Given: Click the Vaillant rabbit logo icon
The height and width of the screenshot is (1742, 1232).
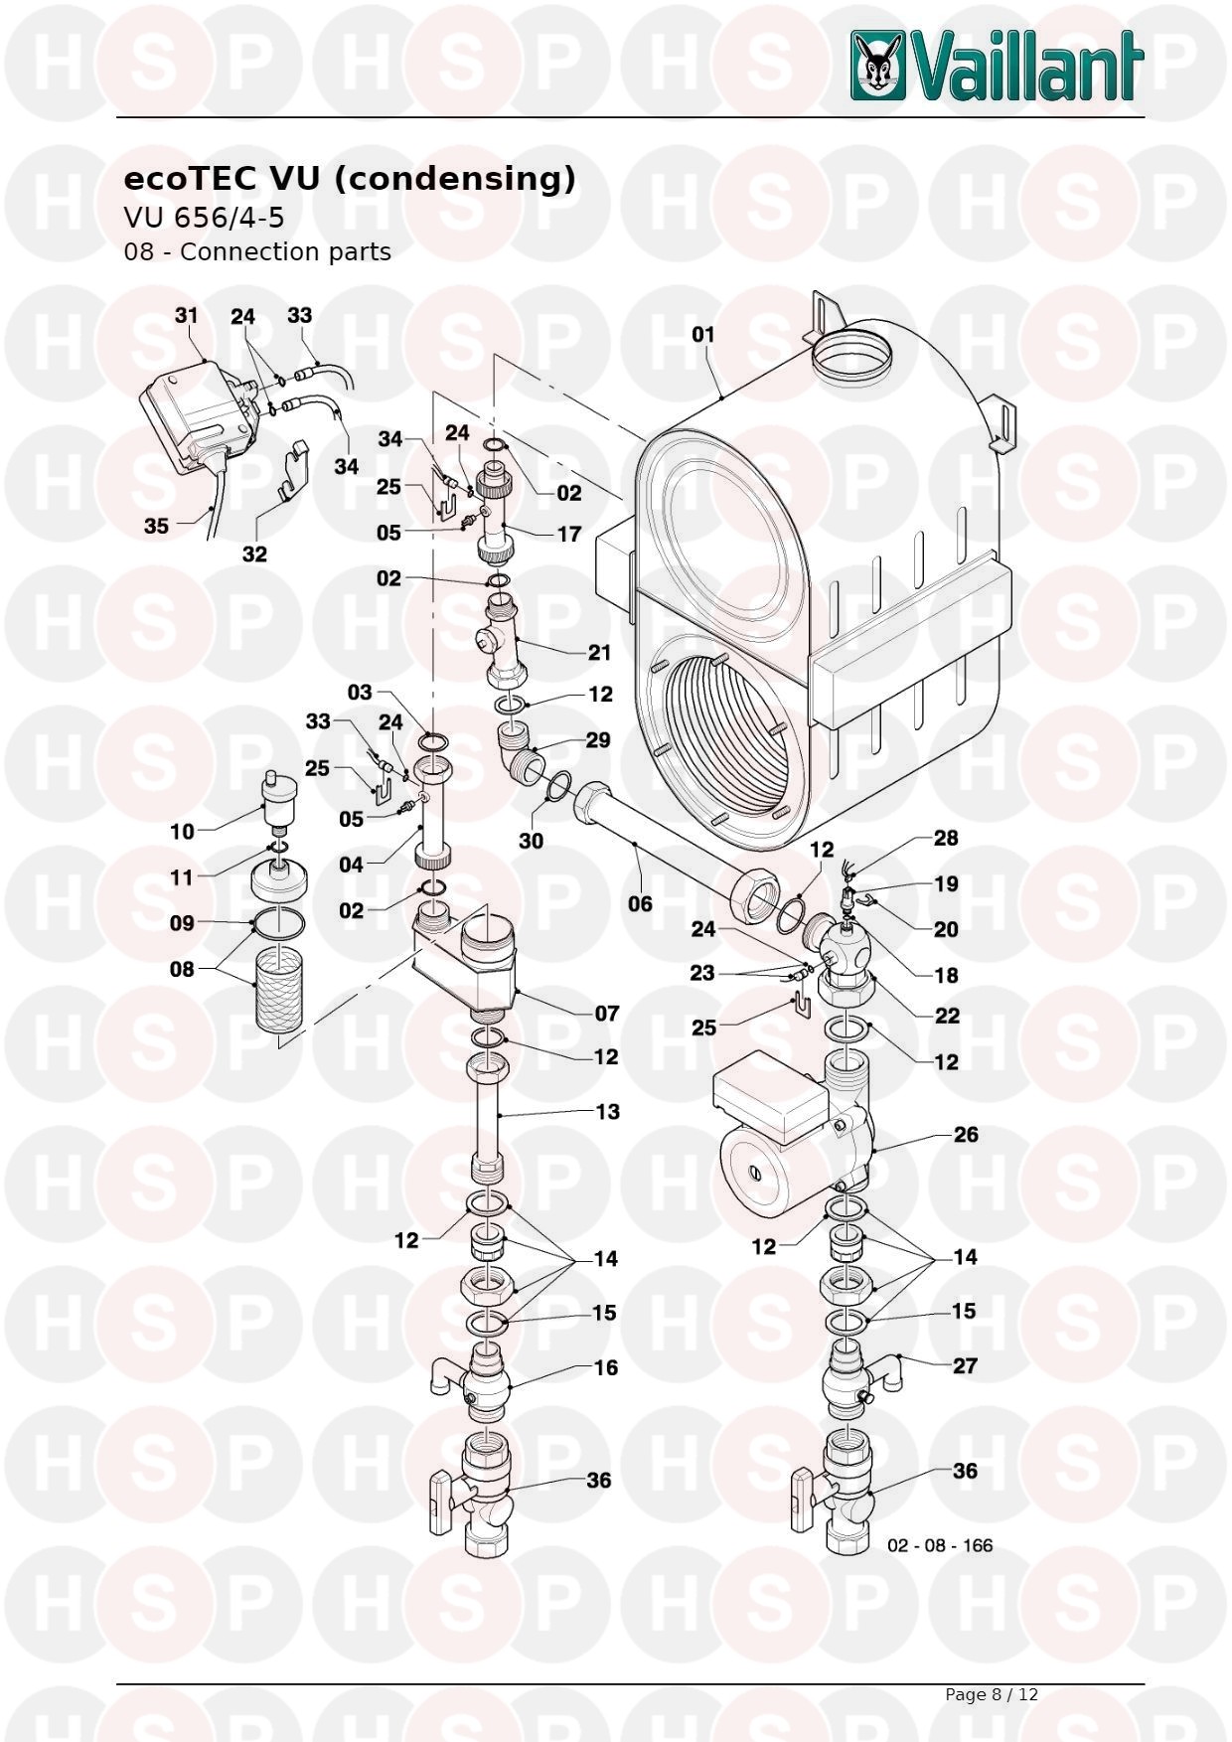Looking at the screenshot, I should click(x=878, y=66).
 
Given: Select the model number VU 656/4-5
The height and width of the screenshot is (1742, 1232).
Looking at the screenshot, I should click(x=204, y=217).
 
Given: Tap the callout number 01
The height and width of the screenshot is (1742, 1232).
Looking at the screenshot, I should click(x=703, y=335).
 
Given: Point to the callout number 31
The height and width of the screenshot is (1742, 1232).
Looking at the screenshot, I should click(x=186, y=316).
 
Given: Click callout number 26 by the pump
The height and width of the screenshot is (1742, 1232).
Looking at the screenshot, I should click(x=966, y=1135).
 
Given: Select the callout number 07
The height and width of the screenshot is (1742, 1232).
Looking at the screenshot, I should click(x=607, y=1014).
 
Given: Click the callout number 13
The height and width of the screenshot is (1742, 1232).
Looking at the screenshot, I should click(x=607, y=1112).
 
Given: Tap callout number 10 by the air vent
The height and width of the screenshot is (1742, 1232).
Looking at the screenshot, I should click(x=182, y=832).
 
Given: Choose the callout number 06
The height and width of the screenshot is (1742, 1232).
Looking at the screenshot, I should click(x=640, y=903).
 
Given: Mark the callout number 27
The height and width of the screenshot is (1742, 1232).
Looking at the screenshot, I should click(x=965, y=1366).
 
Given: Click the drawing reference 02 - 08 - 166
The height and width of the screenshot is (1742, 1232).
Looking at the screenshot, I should click(x=939, y=1545).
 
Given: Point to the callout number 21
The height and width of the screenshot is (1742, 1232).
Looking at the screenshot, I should click(x=599, y=653).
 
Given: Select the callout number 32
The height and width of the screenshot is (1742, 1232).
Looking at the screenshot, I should click(x=254, y=554).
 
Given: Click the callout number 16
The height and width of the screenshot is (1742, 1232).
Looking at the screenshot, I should click(x=606, y=1368).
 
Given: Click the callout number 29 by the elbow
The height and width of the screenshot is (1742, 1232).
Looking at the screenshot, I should click(x=598, y=740).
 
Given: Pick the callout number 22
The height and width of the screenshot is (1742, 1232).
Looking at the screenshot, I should click(x=947, y=1016).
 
